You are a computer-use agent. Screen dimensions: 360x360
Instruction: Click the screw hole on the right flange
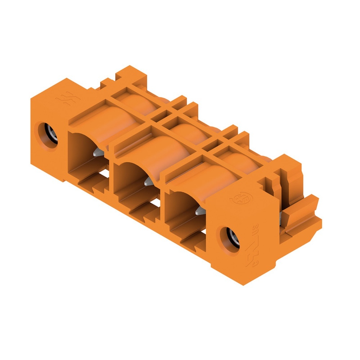click(230, 238)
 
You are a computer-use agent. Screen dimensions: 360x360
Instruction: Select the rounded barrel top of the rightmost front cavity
click(209, 176)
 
